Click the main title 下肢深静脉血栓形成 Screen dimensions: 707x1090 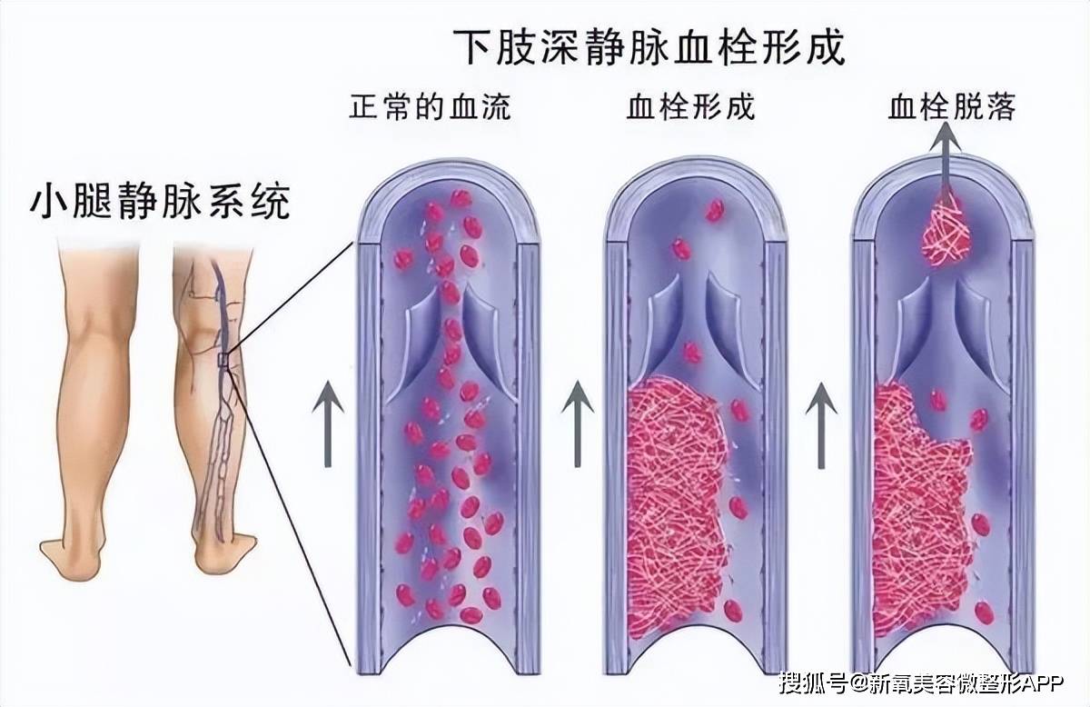pos(649,45)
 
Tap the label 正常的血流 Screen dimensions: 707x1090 pos(430,108)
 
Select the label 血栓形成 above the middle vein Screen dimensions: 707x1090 pos(690,108)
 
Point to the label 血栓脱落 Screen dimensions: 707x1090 pos(951,108)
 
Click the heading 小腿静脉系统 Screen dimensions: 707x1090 pos(161,202)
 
